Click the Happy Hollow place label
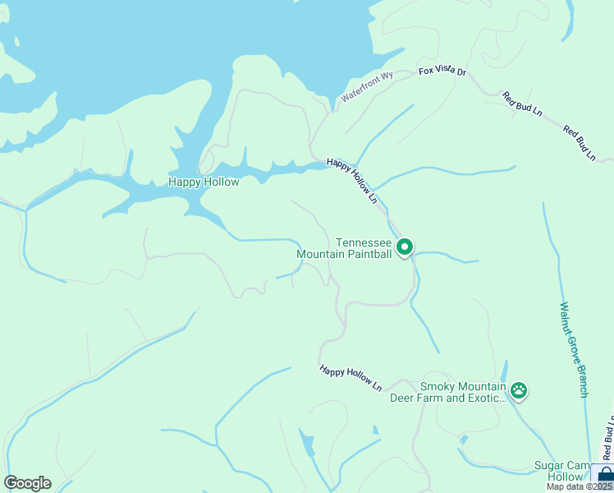click(x=204, y=182)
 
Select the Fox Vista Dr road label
click(x=442, y=72)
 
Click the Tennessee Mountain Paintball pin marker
click(x=404, y=246)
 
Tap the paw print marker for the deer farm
click(x=519, y=390)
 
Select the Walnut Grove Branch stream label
click(x=574, y=349)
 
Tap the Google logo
click(x=27, y=483)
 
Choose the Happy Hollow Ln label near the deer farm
click(x=351, y=378)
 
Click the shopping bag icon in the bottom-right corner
click(x=604, y=476)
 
